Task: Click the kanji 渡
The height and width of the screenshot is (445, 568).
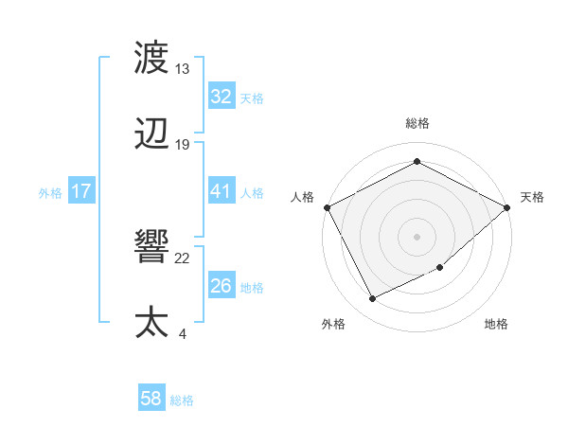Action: (152, 59)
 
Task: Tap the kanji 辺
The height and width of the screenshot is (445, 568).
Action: (152, 134)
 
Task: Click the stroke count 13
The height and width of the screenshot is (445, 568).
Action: (183, 69)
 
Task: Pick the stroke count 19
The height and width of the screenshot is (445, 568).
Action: (183, 145)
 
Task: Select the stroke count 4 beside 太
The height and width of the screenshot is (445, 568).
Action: (182, 333)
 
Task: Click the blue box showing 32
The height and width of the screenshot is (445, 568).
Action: (221, 97)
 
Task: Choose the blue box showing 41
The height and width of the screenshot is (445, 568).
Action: (221, 191)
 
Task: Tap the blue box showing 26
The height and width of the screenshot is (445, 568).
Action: (221, 286)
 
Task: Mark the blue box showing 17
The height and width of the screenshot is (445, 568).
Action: (81, 191)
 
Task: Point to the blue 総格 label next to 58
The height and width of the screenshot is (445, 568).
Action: (182, 400)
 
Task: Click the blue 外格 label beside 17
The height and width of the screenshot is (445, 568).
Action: (50, 192)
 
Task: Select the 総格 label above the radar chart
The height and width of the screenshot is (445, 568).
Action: (417, 124)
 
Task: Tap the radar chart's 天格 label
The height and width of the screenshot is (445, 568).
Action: (532, 197)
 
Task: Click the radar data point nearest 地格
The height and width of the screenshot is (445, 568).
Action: (440, 267)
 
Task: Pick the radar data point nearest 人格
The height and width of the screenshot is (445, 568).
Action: (327, 206)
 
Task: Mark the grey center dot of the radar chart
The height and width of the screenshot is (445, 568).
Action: (417, 236)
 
